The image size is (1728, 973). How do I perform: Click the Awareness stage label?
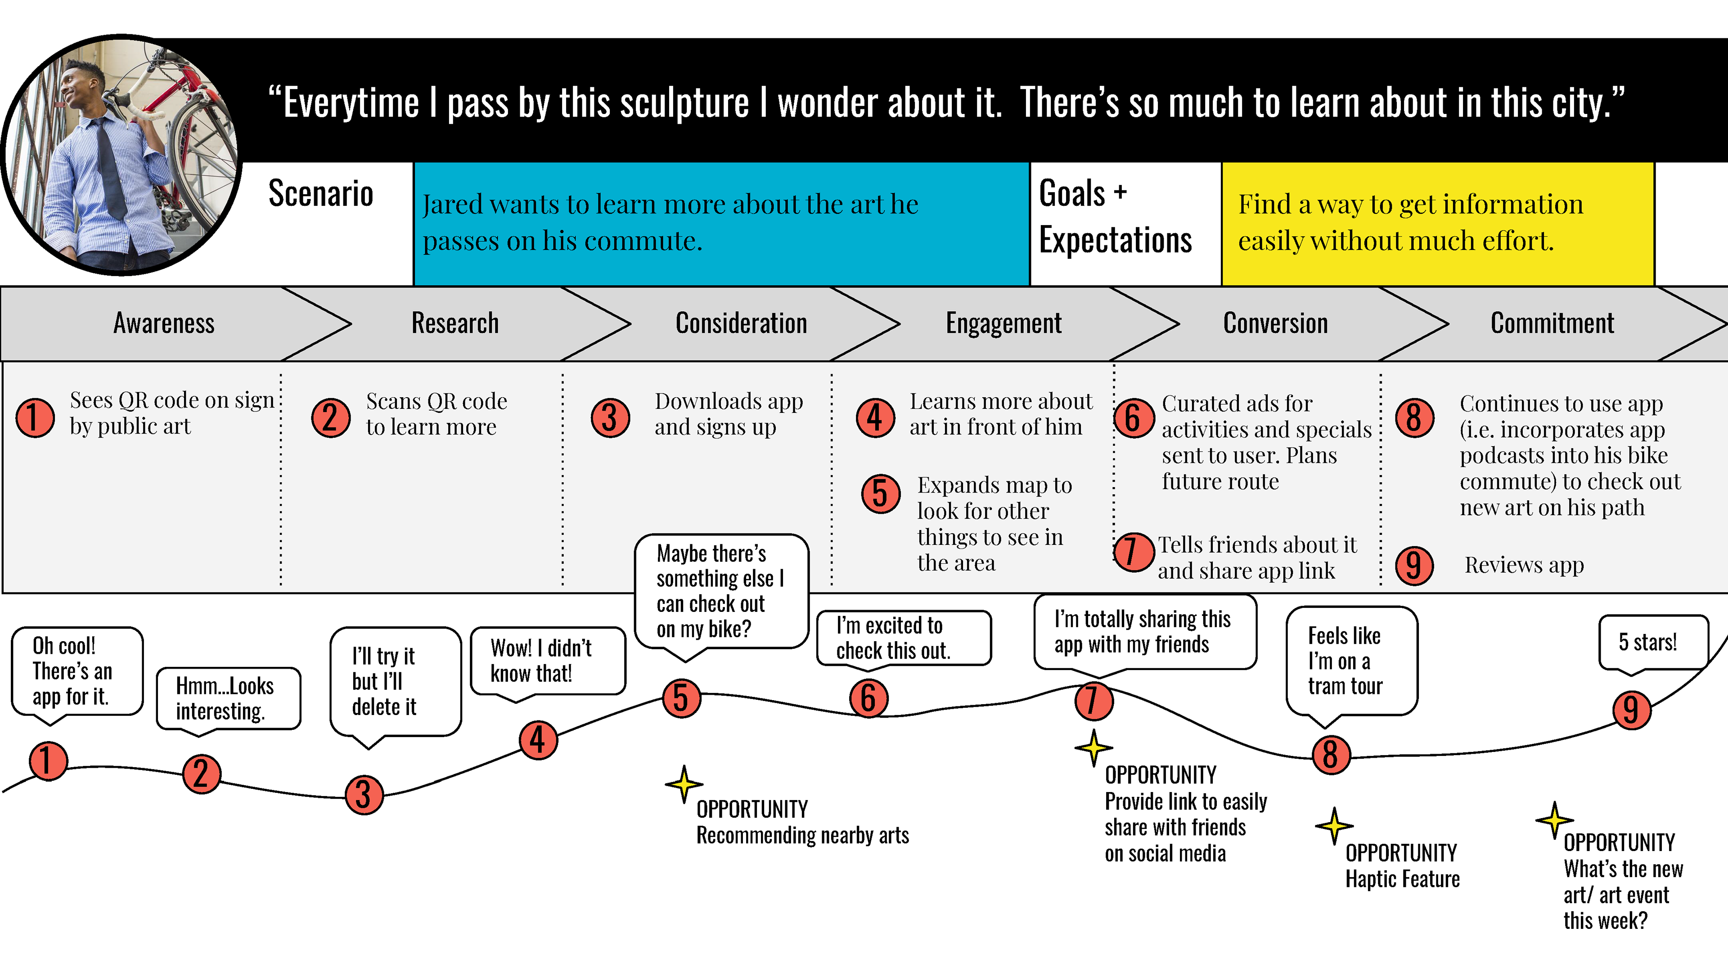coord(164,323)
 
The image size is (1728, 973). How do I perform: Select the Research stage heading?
coord(455,323)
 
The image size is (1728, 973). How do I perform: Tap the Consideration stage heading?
coord(741,323)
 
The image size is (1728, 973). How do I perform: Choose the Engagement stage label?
coord(1003,323)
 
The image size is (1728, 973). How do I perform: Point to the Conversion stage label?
coord(1275,323)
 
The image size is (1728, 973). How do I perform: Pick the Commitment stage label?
coord(1552,323)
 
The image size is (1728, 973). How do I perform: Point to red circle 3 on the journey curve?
coord(364,795)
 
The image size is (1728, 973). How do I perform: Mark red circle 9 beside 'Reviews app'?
coord(1414,566)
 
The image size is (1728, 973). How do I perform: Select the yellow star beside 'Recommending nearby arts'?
coord(684,784)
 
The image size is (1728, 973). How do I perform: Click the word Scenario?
coord(321,194)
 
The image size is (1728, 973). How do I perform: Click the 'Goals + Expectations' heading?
coord(1115,216)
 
